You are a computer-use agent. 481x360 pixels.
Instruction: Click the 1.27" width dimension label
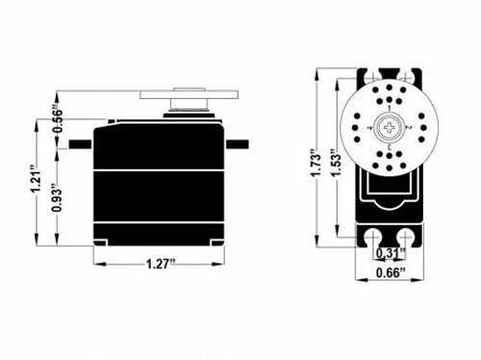[162, 264]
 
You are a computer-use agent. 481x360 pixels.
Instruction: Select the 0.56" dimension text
[58, 119]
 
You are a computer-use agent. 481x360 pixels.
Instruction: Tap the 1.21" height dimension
[36, 179]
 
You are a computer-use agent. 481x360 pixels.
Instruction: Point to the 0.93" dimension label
[58, 197]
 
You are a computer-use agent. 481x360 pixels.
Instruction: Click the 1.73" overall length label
[316, 162]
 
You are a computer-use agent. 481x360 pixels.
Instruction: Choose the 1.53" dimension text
[336, 163]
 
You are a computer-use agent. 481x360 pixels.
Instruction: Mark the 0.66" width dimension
[391, 272]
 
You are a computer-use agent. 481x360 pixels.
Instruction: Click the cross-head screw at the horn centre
[390, 128]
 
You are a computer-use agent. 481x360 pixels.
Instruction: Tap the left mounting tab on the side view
[81, 144]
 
